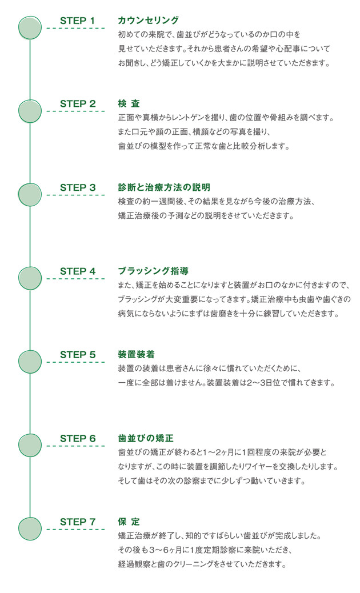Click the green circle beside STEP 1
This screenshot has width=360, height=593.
click(x=30, y=27)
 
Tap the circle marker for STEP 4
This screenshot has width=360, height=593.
click(x=30, y=278)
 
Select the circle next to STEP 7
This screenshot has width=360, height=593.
click(x=30, y=528)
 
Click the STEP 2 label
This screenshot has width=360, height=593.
click(x=78, y=103)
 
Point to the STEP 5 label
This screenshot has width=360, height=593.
click(x=78, y=355)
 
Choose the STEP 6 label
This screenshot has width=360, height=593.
click(x=78, y=439)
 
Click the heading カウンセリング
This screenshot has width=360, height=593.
click(x=148, y=21)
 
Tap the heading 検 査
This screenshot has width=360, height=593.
click(x=129, y=103)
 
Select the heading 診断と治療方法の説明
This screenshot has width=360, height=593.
click(x=164, y=187)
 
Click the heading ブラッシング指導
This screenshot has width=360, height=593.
click(x=153, y=271)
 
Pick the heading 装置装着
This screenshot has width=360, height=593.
click(x=137, y=355)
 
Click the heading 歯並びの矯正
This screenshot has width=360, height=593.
click(x=146, y=439)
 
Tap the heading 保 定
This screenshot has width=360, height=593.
click(x=129, y=522)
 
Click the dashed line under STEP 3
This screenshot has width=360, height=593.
click(x=75, y=195)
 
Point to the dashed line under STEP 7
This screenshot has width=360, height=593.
click(x=75, y=530)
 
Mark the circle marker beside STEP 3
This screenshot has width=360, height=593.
click(x=30, y=195)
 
